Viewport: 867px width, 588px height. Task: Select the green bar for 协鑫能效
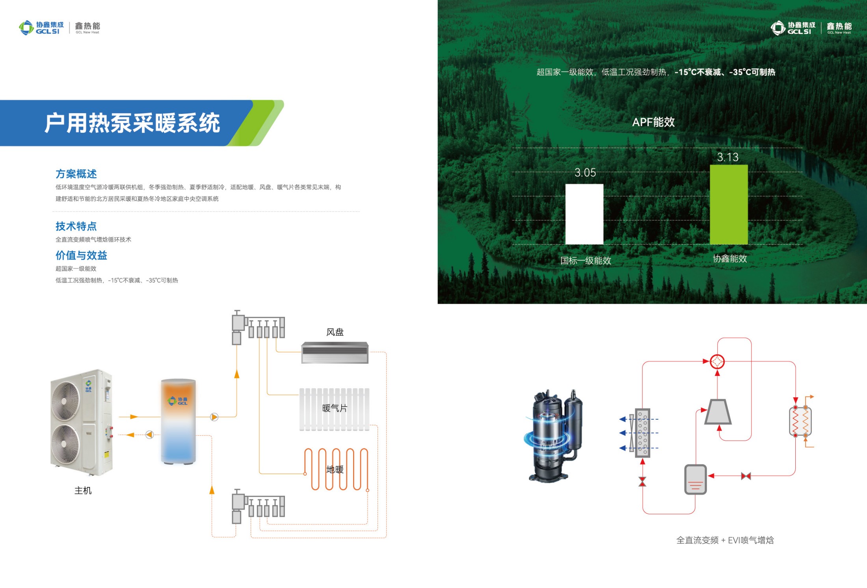[x=729, y=205]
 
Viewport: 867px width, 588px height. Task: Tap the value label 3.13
[x=727, y=157]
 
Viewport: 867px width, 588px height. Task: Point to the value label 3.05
[x=585, y=173]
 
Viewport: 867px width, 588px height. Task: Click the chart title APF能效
[x=653, y=122]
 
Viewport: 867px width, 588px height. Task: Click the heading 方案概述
[x=76, y=174]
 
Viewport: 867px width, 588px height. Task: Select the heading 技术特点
[x=76, y=226]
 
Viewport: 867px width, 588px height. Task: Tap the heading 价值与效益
[x=81, y=255]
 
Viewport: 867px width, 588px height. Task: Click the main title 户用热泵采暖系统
[x=132, y=123]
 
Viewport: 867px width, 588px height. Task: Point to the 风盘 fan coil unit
[x=335, y=352]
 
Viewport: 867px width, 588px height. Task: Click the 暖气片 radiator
[x=334, y=409]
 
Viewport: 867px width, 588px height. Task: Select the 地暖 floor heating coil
[x=336, y=469]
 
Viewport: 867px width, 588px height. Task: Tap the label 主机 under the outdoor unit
[x=83, y=491]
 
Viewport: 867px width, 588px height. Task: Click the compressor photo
[x=553, y=435]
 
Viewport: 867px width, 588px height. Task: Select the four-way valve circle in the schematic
[x=717, y=361]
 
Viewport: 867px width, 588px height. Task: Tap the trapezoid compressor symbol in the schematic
[x=718, y=412]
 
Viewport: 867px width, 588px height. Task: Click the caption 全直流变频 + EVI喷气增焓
[x=725, y=540]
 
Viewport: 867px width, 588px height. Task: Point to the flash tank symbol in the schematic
[x=695, y=479]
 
